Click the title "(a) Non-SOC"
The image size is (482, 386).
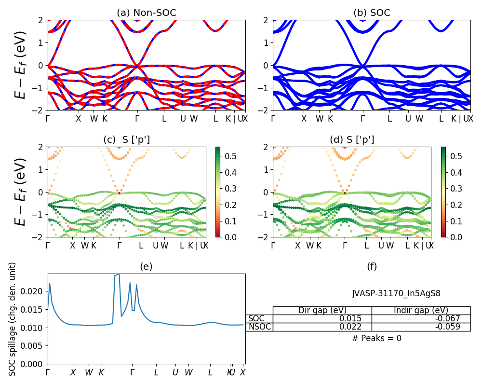point(147,13)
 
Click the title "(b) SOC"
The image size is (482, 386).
point(372,13)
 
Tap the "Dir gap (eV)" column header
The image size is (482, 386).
point(322,310)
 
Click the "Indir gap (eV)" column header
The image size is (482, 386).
point(421,310)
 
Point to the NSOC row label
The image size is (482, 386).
point(259,327)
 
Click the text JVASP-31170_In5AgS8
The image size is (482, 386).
point(396,293)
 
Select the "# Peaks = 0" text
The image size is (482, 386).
point(376,338)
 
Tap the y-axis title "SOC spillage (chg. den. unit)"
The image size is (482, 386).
point(13,319)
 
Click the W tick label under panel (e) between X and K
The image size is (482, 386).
point(89,372)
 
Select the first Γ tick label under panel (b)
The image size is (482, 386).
point(273,119)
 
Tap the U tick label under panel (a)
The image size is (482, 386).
point(183,119)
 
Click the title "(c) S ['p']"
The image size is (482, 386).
point(127,140)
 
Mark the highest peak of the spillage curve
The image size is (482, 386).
point(118,274)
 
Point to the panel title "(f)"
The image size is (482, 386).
point(372,266)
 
